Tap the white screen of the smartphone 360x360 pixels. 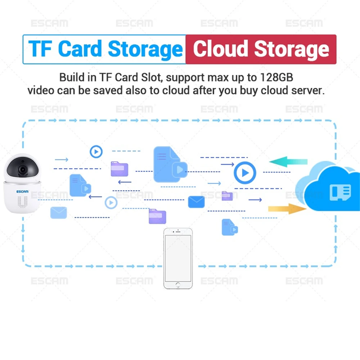[x=178, y=258]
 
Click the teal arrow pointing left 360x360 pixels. [x=288, y=162]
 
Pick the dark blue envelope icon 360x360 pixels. [x=196, y=202]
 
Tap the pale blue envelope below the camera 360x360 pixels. [x=58, y=212]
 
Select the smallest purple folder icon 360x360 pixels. [x=227, y=195]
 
